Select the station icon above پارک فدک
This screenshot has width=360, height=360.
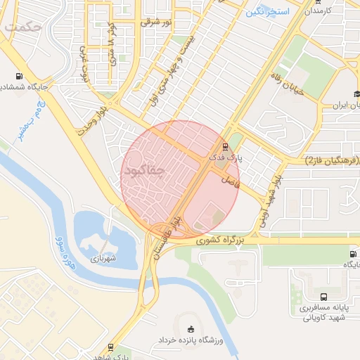point(225,147)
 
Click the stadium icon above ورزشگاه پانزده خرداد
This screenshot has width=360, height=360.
point(191,328)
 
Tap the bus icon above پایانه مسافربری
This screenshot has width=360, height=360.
point(323,297)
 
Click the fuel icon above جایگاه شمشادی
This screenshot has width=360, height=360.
point(18,77)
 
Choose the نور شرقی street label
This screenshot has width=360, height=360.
point(155,22)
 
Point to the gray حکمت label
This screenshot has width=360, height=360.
point(22,27)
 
